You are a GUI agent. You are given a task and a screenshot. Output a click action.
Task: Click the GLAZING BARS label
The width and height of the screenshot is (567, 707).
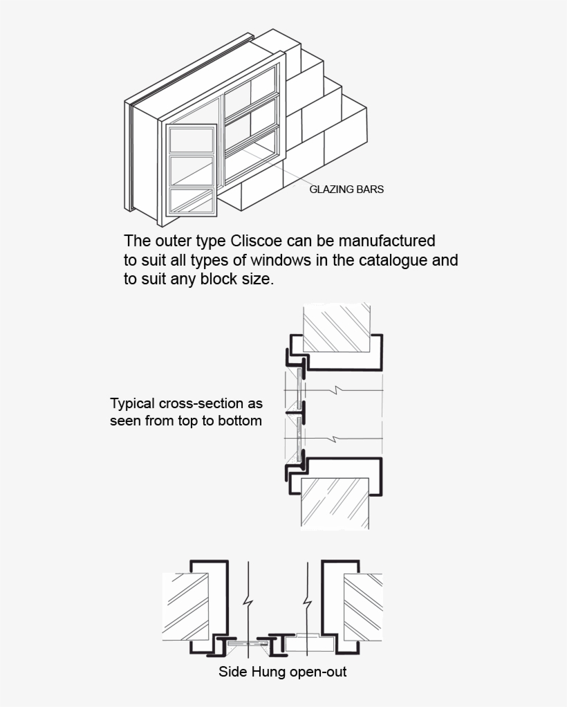coord(346,189)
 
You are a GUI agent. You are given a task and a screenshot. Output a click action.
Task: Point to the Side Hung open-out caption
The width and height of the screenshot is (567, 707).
coord(282,672)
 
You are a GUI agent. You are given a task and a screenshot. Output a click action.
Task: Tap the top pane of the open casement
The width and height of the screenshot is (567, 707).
coord(192,140)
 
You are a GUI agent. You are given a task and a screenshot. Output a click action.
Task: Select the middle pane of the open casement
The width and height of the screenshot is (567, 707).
coord(192,171)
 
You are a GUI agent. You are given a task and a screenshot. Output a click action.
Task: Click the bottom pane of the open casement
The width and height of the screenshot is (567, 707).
coord(192,201)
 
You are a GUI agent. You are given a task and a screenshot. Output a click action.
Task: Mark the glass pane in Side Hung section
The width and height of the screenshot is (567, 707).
coord(247,643)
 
